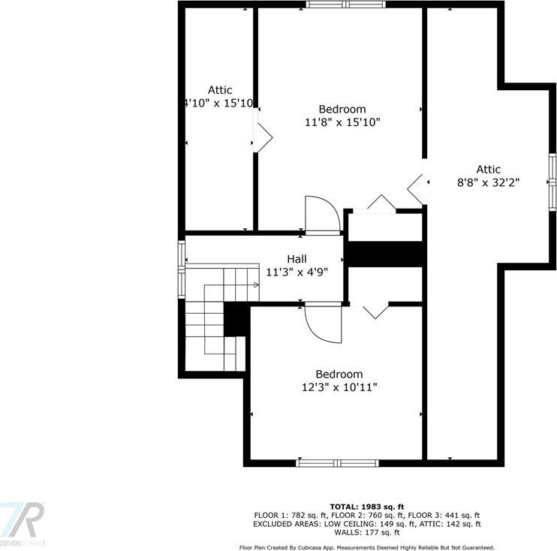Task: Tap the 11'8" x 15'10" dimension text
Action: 343,122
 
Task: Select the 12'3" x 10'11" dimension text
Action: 339,387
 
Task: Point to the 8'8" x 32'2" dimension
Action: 488,182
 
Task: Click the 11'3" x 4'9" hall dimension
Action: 297,272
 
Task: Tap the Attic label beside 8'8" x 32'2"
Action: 488,170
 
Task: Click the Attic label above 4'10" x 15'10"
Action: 220,90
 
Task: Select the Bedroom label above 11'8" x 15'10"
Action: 342,109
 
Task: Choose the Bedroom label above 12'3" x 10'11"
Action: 339,374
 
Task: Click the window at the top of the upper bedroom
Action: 346,5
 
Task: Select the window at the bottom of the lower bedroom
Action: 336,463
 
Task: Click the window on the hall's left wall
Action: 181,269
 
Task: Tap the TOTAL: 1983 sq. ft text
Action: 366,506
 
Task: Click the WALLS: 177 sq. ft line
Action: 366,532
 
